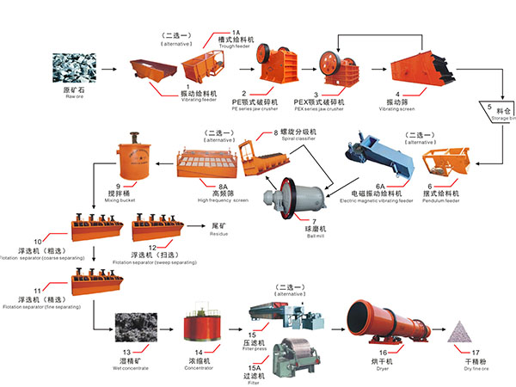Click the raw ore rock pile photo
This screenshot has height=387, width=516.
tap(74, 68)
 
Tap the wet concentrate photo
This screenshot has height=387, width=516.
tap(137, 330)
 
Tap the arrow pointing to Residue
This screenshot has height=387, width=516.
tap(196, 227)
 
